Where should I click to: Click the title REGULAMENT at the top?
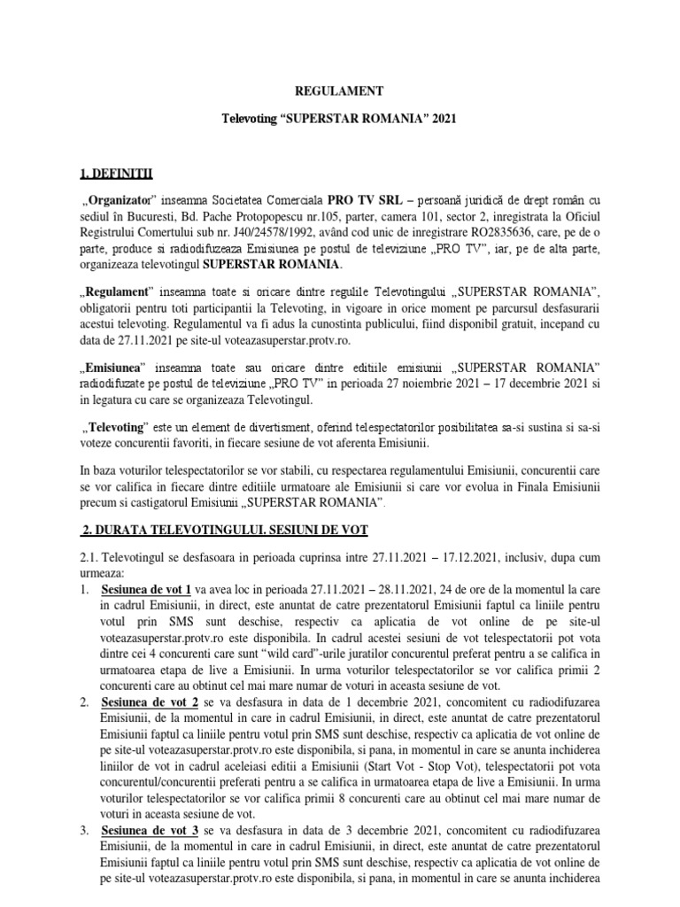[340, 90]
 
